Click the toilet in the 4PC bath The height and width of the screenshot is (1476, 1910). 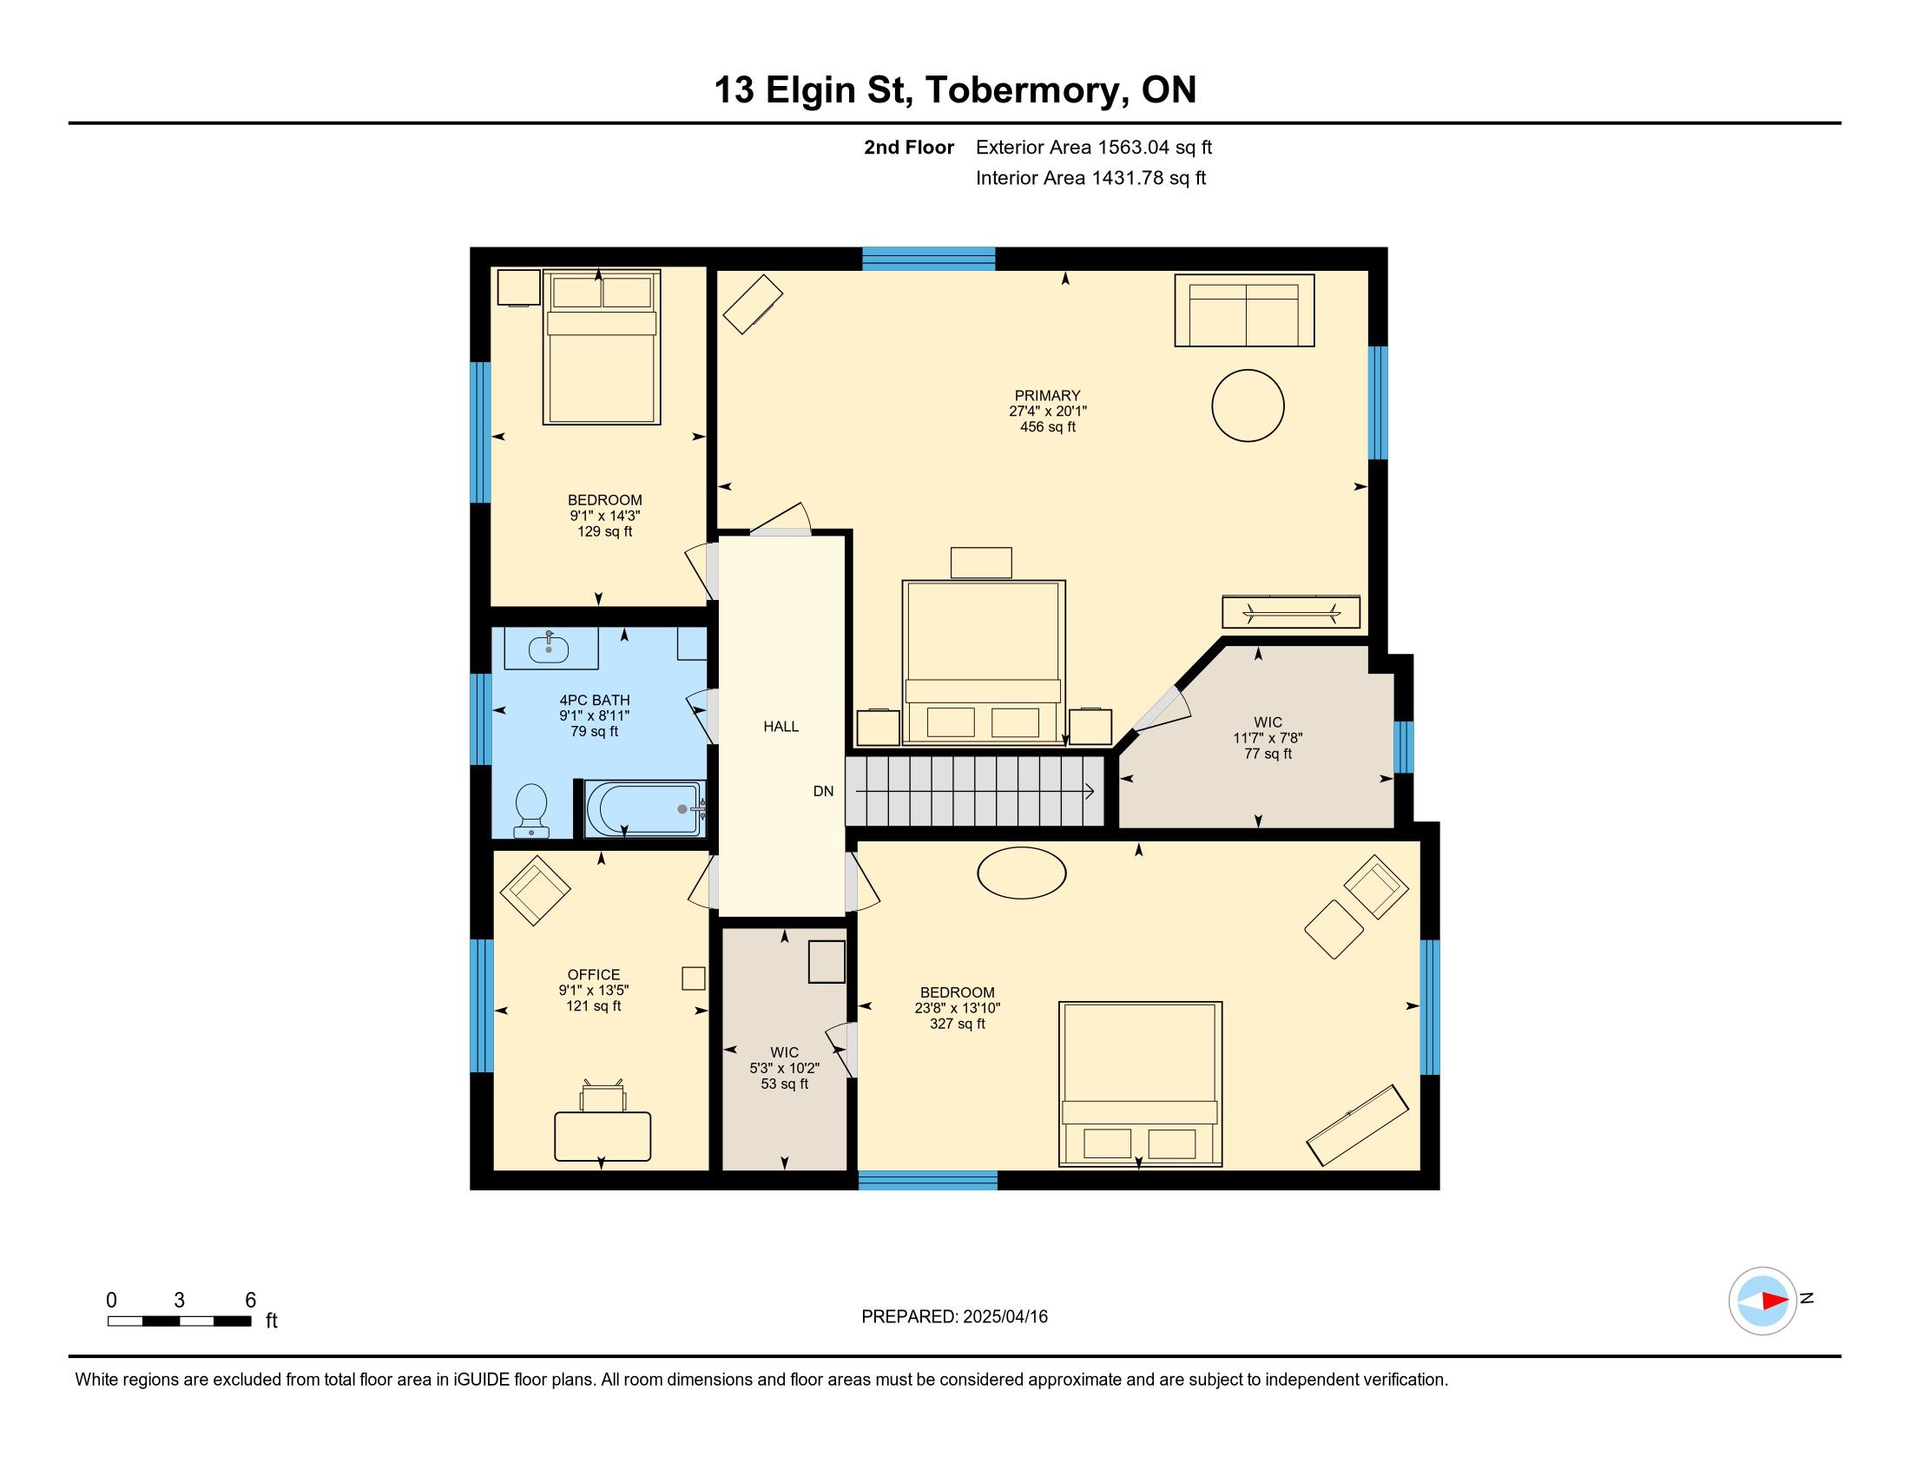click(x=530, y=810)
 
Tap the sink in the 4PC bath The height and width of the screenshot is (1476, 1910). click(x=550, y=649)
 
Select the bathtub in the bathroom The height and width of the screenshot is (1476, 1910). click(x=645, y=809)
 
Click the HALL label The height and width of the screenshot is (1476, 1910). click(x=781, y=727)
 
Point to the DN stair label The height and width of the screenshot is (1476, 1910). click(x=823, y=791)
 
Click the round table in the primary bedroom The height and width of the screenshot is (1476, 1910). click(x=1248, y=405)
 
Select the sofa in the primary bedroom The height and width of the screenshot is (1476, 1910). click(x=1244, y=311)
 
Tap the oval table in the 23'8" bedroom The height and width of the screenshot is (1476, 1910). click(x=1022, y=873)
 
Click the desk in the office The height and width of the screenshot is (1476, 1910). click(x=603, y=1136)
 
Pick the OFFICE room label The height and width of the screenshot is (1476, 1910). click(x=594, y=974)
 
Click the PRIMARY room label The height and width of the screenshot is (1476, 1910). click(x=1048, y=395)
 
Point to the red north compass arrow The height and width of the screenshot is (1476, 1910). click(x=1775, y=1301)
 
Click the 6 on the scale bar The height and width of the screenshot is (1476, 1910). click(x=250, y=1300)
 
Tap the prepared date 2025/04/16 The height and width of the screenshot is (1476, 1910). click(x=1004, y=1317)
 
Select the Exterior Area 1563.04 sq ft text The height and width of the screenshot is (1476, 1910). click(x=1094, y=148)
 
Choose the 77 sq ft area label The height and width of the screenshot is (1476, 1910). click(x=1268, y=754)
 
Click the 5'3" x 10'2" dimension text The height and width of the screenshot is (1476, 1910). click(x=785, y=1068)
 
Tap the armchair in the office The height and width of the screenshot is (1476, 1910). click(x=534, y=891)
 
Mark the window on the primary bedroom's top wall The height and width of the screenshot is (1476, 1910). click(x=929, y=259)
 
